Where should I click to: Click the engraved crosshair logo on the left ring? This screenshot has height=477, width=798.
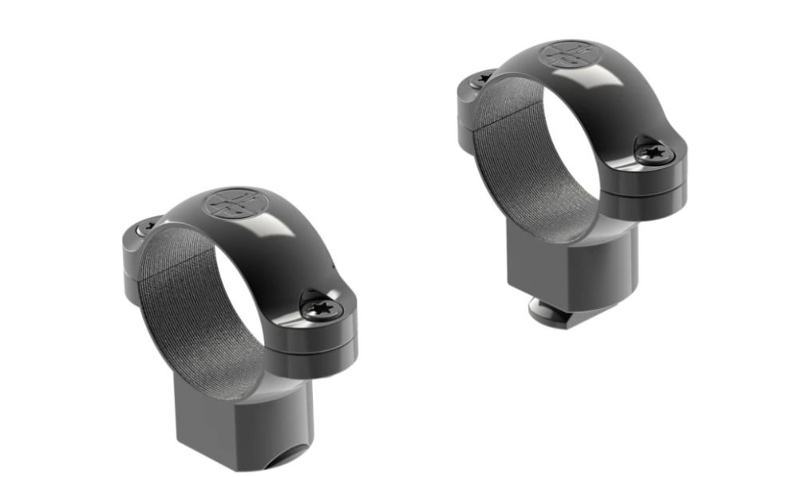point(231,202)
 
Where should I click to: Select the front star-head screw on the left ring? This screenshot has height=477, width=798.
point(322,306)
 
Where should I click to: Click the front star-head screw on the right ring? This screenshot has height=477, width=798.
point(654,152)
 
